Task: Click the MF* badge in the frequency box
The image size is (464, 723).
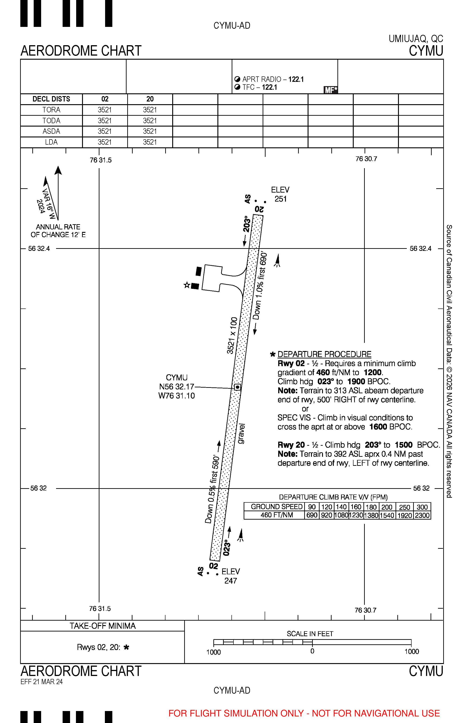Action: pyautogui.click(x=330, y=90)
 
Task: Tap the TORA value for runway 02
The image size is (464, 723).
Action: pyautogui.click(x=105, y=110)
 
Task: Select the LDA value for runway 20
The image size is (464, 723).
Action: pyautogui.click(x=150, y=142)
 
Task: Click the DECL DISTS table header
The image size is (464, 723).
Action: pyautogui.click(x=51, y=99)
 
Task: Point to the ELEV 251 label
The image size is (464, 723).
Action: pyautogui.click(x=280, y=194)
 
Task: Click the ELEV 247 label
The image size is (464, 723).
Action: pyautogui.click(x=231, y=576)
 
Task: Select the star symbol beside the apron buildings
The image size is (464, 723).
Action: pyautogui.click(x=187, y=285)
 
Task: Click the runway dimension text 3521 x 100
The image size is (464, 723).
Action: pyautogui.click(x=232, y=335)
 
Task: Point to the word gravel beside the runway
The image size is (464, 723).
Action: pyautogui.click(x=241, y=433)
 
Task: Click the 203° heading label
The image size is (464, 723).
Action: pyautogui.click(x=247, y=224)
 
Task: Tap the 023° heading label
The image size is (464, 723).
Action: pyautogui.click(x=227, y=548)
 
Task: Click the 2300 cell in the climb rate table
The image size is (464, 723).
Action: pyautogui.click(x=422, y=516)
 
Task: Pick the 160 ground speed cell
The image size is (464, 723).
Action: pyautogui.click(x=356, y=507)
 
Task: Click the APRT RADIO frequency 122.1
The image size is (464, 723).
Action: pyautogui.click(x=296, y=79)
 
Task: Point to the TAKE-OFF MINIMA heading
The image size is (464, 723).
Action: pyautogui.click(x=103, y=626)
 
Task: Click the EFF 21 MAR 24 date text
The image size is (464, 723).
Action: pyautogui.click(x=42, y=682)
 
